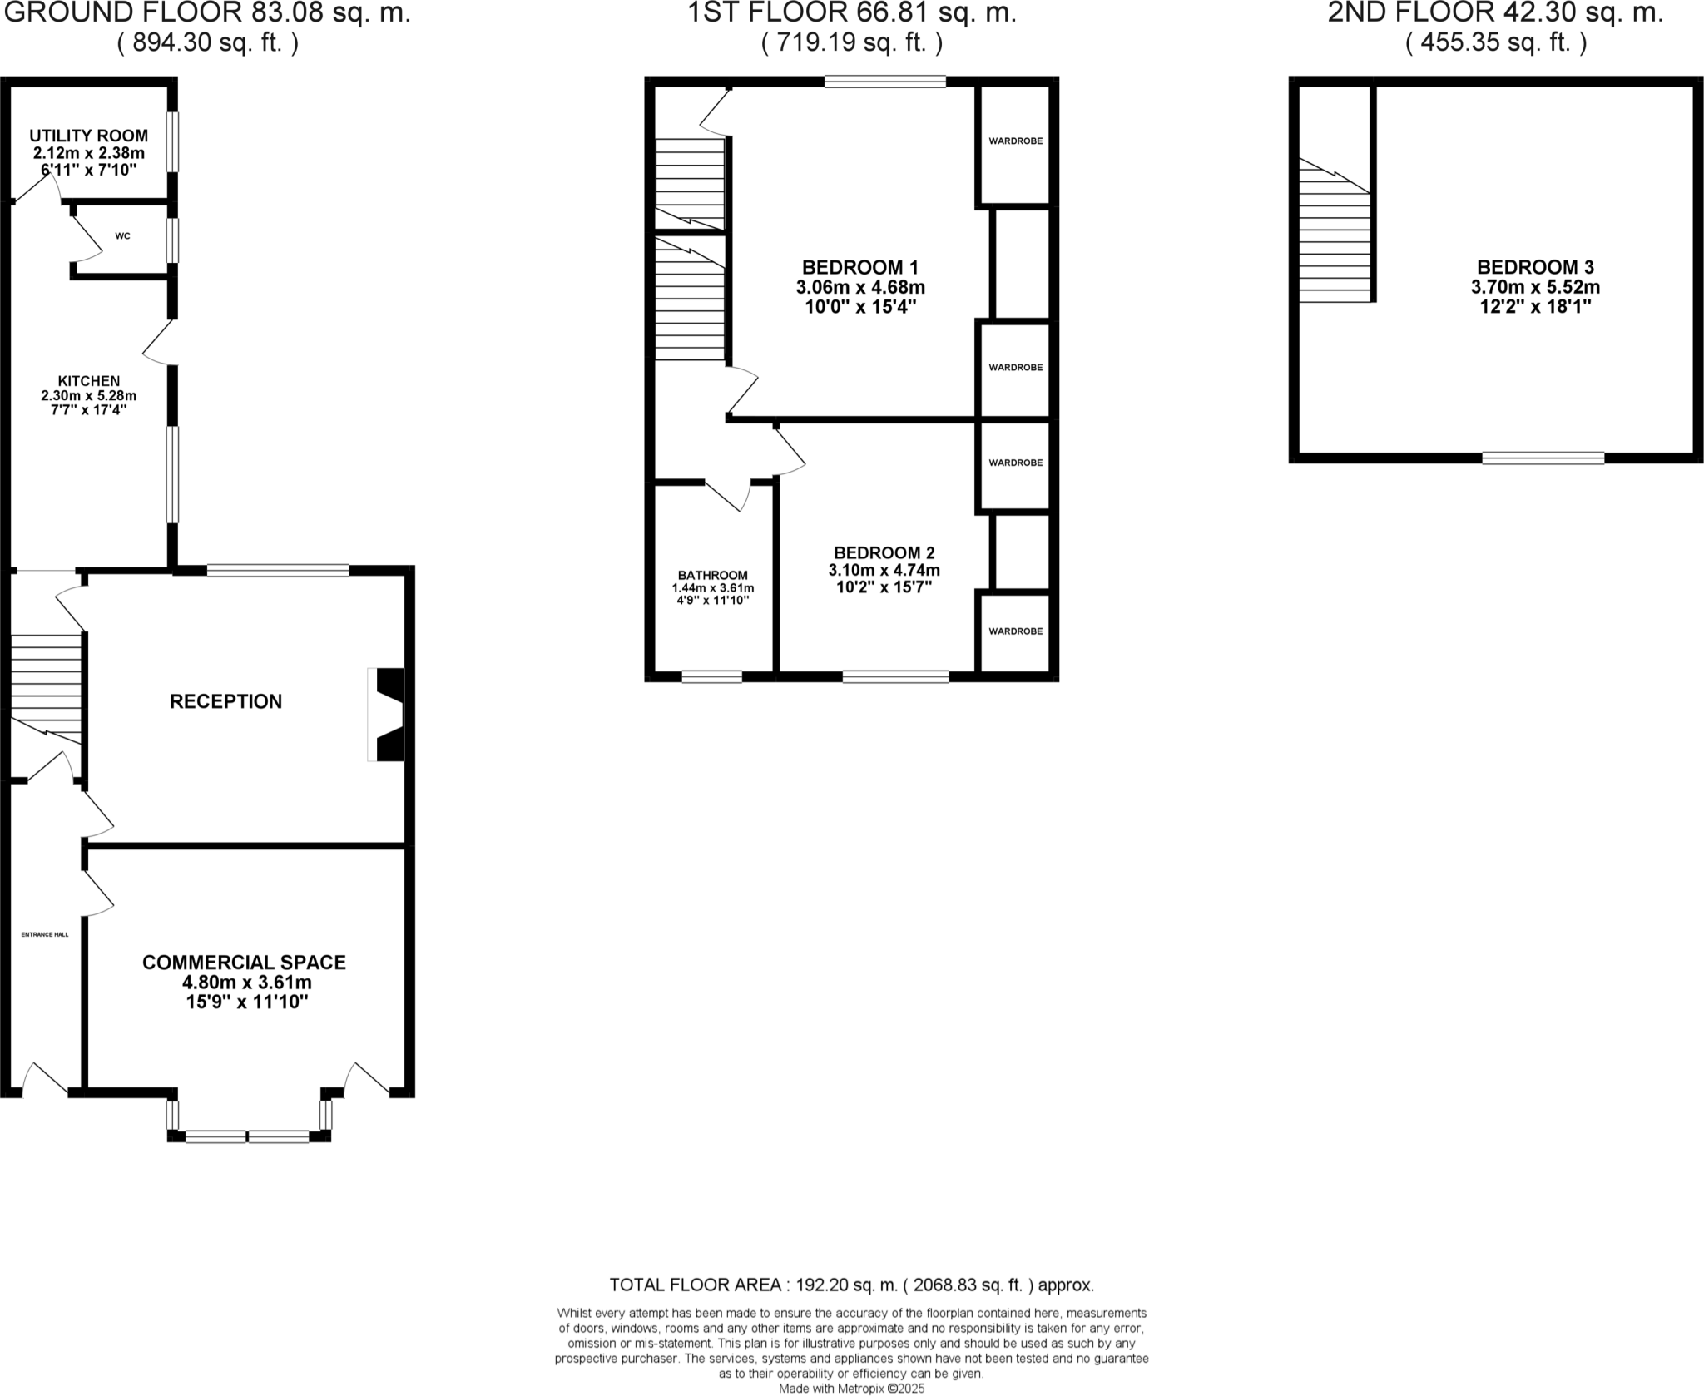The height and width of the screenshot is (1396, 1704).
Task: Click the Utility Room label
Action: click(x=88, y=136)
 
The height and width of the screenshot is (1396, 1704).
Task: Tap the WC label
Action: click(x=122, y=236)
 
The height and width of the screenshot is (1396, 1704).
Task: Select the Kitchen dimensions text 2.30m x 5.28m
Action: click(x=88, y=395)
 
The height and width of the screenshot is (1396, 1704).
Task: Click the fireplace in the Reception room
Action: click(x=387, y=715)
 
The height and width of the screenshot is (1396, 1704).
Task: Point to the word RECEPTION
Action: click(x=225, y=701)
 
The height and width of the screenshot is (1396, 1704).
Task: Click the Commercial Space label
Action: click(x=244, y=963)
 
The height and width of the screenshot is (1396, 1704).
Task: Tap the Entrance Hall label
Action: click(x=45, y=934)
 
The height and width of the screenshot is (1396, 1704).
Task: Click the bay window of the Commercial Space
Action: click(x=247, y=1136)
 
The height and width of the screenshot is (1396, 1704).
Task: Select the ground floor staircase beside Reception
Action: click(x=46, y=687)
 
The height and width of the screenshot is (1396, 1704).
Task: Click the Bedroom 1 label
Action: click(x=859, y=267)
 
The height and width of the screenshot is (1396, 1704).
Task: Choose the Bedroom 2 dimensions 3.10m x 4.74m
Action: click(x=884, y=570)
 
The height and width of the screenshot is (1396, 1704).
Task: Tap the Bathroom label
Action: click(x=712, y=575)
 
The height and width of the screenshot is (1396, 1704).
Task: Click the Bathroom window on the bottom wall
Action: click(x=711, y=677)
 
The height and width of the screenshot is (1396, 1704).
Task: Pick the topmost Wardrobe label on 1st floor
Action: click(x=1015, y=141)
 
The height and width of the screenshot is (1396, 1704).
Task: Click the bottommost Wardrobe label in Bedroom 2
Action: click(x=1015, y=631)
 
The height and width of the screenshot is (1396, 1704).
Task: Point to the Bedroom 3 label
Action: click(x=1535, y=267)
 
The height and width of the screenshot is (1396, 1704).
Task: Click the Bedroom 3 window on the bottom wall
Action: click(x=1543, y=458)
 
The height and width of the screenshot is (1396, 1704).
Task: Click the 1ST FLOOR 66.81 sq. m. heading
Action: click(x=851, y=13)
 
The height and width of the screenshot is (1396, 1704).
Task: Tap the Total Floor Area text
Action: click(x=851, y=1285)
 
